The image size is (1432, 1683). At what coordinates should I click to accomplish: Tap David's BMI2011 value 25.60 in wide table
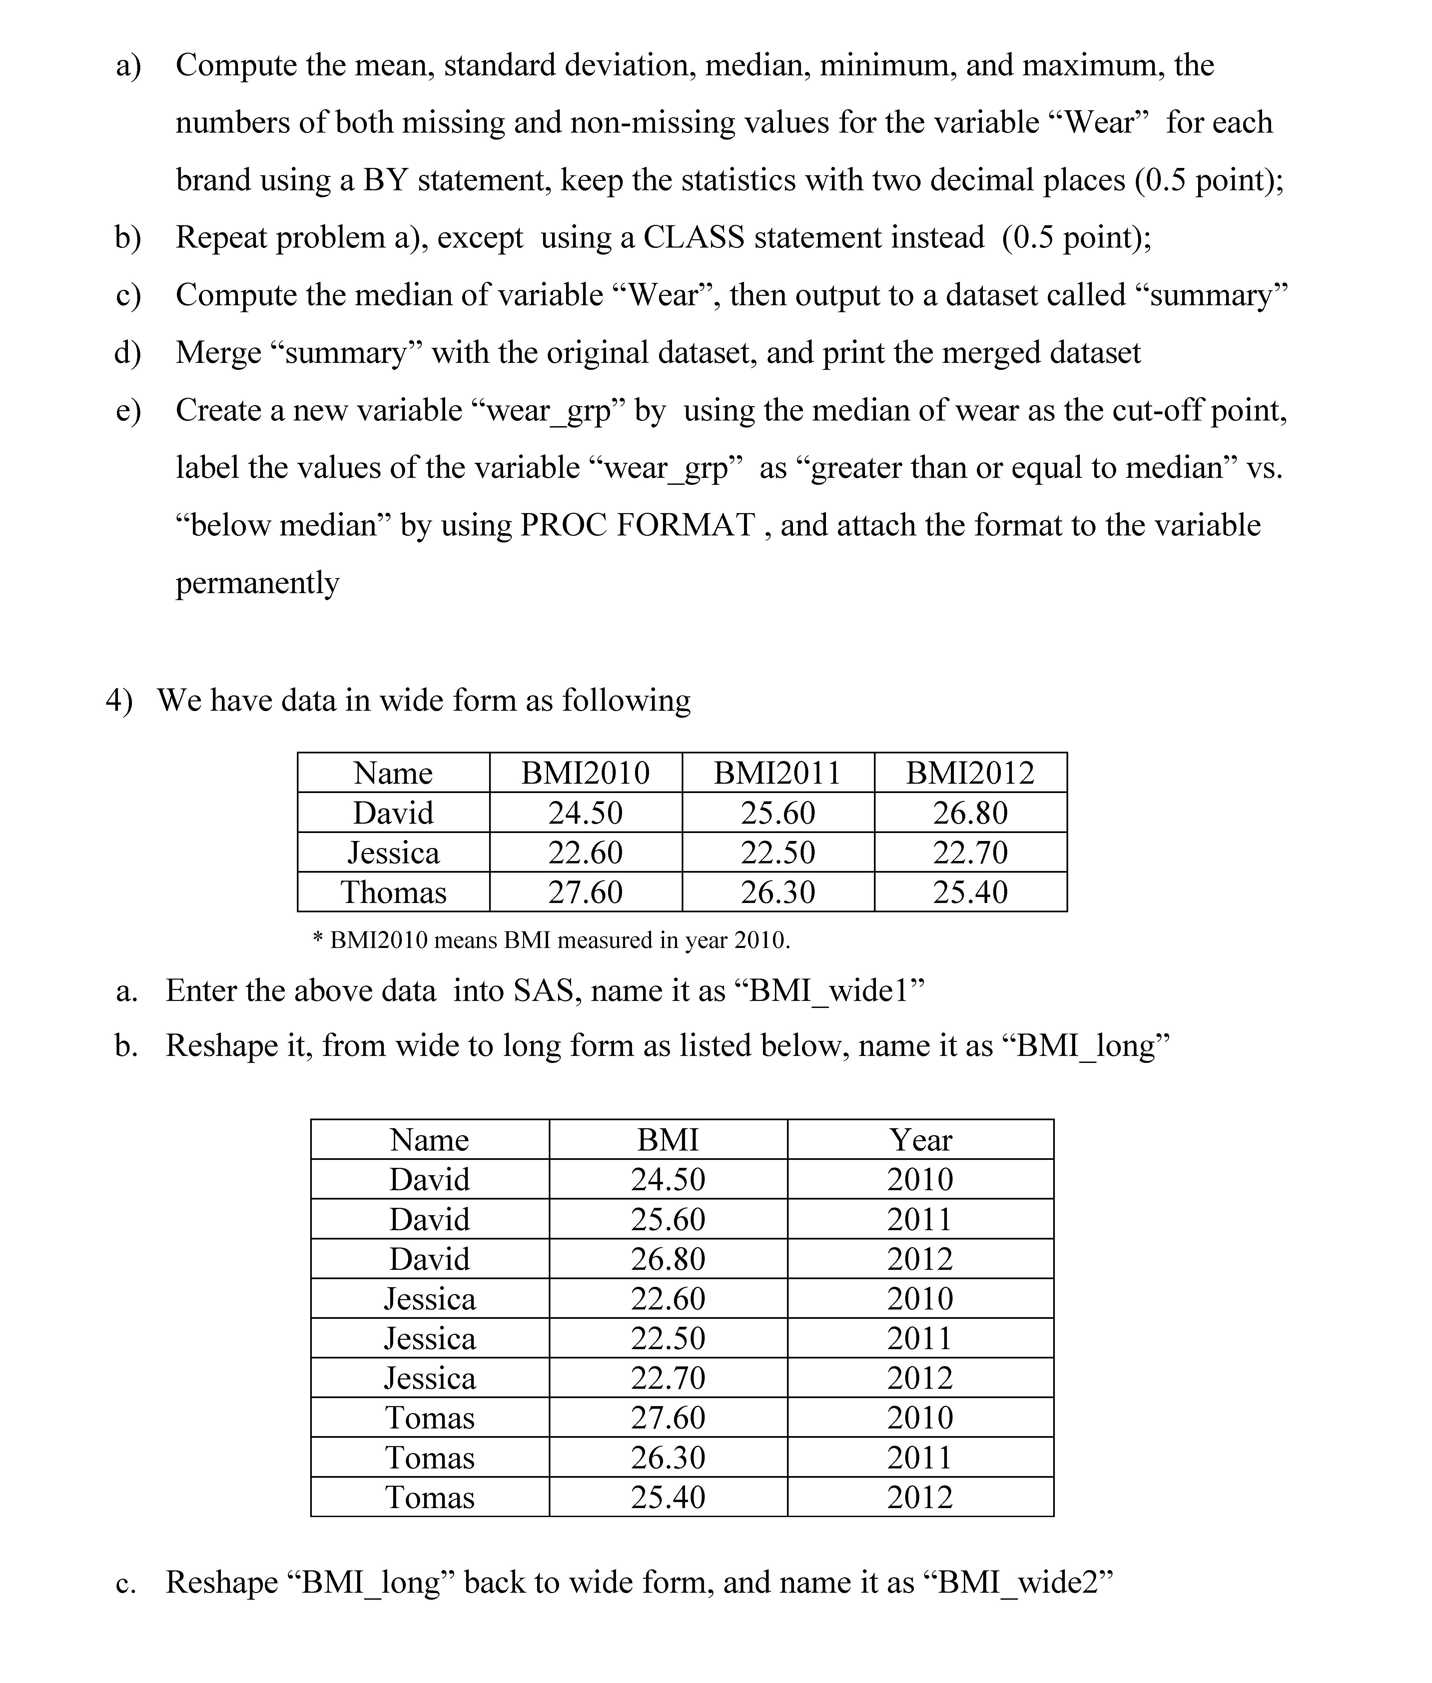coord(778,813)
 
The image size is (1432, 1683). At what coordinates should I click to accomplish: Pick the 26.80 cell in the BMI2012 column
coord(970,813)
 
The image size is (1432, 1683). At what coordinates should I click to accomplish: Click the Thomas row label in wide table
coord(394,892)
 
